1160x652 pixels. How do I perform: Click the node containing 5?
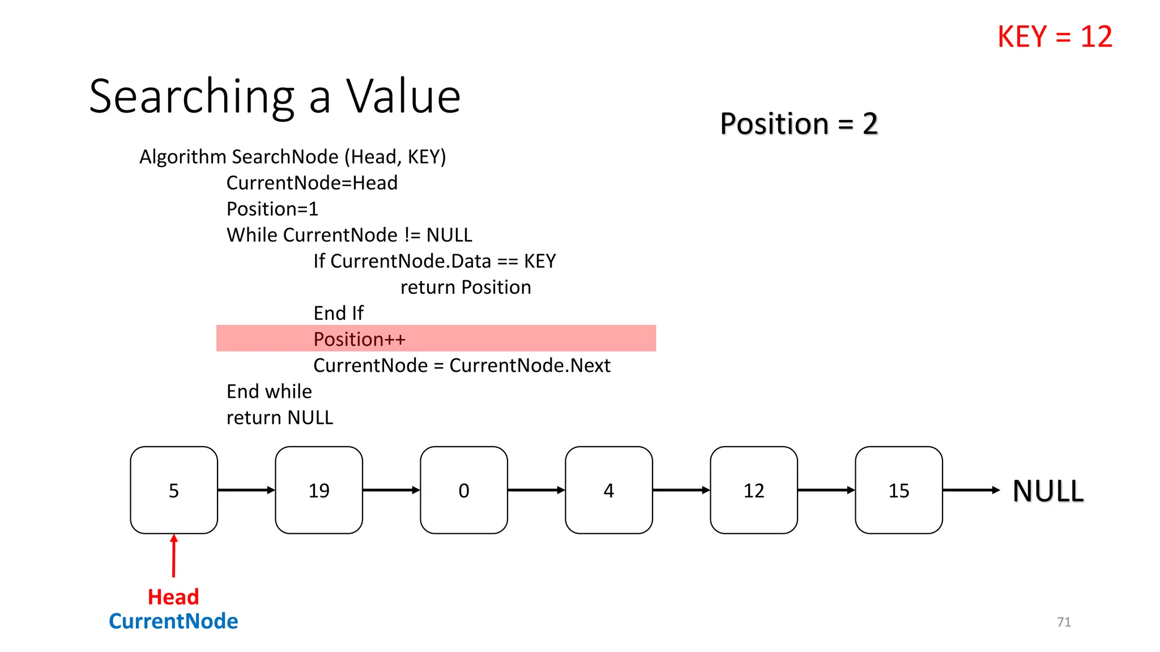(x=174, y=490)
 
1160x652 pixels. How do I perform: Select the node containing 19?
(x=319, y=490)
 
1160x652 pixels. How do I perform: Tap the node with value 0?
(x=464, y=490)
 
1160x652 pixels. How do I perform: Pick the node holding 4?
(x=609, y=490)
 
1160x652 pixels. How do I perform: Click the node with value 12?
(x=754, y=490)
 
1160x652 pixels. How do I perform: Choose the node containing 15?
(x=899, y=490)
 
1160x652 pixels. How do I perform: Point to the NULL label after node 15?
(x=1048, y=491)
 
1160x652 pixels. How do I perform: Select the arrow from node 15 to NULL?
(x=971, y=490)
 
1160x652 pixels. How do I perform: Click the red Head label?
(x=173, y=597)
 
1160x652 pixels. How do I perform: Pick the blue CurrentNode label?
(x=173, y=621)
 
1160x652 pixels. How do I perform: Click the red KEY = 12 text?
(x=1055, y=37)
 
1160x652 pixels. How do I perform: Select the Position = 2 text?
(x=799, y=123)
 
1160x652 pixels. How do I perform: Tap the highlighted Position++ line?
(x=360, y=339)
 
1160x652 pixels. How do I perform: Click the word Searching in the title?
(x=192, y=97)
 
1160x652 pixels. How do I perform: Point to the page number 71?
(x=1064, y=622)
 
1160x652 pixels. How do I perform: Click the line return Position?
(x=466, y=287)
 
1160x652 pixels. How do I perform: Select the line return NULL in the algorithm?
(x=280, y=418)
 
